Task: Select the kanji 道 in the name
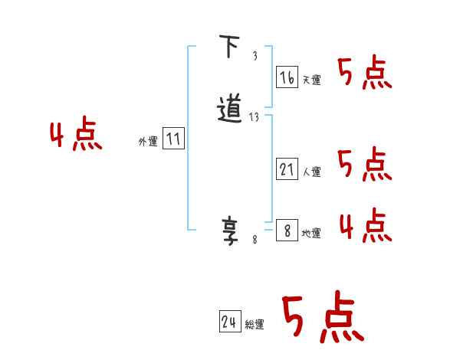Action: tap(230, 109)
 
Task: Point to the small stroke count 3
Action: tap(254, 56)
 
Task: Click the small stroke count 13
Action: tap(255, 117)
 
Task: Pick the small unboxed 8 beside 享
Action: tap(255, 240)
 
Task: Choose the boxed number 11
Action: tap(173, 139)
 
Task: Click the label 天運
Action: tap(311, 80)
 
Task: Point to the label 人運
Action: tap(311, 172)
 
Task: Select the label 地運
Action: tap(311, 233)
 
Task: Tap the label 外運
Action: tap(148, 142)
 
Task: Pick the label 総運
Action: tap(255, 325)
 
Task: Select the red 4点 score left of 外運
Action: tap(76, 136)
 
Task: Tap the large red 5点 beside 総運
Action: tap(322, 318)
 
